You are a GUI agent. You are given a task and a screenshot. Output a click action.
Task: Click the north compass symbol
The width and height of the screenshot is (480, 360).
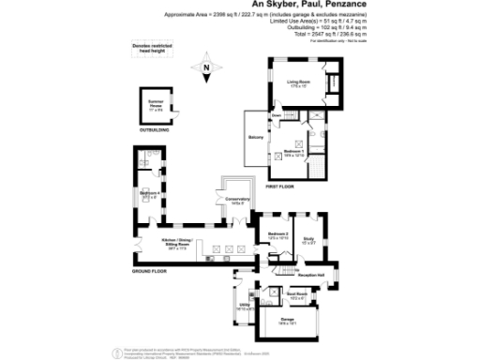pos(205,67)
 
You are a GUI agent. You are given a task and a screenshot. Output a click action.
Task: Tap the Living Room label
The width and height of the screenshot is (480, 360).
pos(298,84)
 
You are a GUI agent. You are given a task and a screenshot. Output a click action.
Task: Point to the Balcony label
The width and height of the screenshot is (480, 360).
pos(255,138)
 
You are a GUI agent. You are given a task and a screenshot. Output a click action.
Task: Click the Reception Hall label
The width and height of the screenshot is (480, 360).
pos(310,275)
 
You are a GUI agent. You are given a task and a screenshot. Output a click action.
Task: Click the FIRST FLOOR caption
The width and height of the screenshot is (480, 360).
pos(279,187)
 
